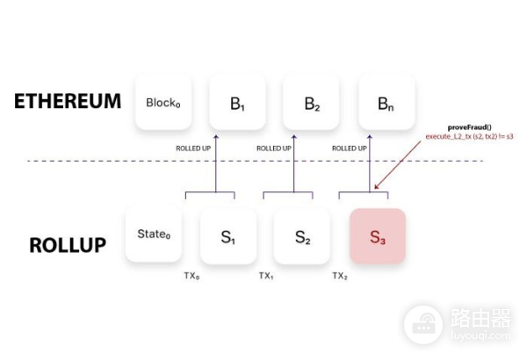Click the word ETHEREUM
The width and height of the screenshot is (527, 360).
[68, 101]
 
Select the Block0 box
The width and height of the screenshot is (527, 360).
[163, 102]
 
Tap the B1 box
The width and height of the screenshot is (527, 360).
[237, 102]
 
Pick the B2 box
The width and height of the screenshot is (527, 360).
[312, 102]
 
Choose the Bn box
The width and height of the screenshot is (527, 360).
[386, 102]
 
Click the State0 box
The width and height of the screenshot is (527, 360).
[154, 234]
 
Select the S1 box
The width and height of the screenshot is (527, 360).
[227, 235]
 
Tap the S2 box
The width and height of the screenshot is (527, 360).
[303, 235]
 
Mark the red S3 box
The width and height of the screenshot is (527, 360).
[377, 235]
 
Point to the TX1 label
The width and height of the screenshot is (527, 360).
[267, 276]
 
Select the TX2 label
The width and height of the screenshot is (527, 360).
[341, 276]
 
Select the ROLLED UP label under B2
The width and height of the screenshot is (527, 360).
[273, 148]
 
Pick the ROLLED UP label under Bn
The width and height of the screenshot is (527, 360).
[349, 148]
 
